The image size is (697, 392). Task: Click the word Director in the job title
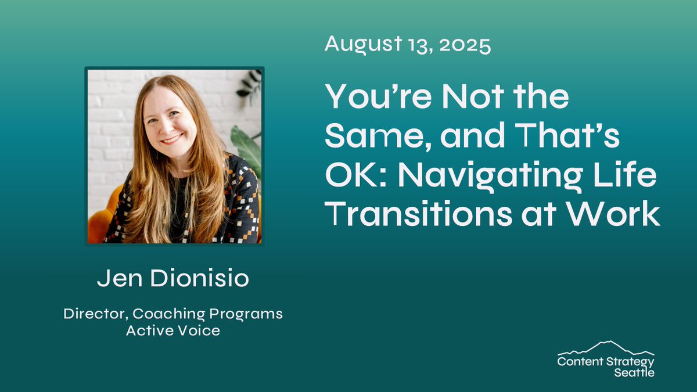95,314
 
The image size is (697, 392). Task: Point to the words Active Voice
173,331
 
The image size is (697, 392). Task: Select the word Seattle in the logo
634,372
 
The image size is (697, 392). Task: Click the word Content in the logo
577,362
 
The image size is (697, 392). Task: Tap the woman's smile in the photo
172,139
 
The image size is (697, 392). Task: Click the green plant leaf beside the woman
247,145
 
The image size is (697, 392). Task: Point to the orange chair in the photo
99,224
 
